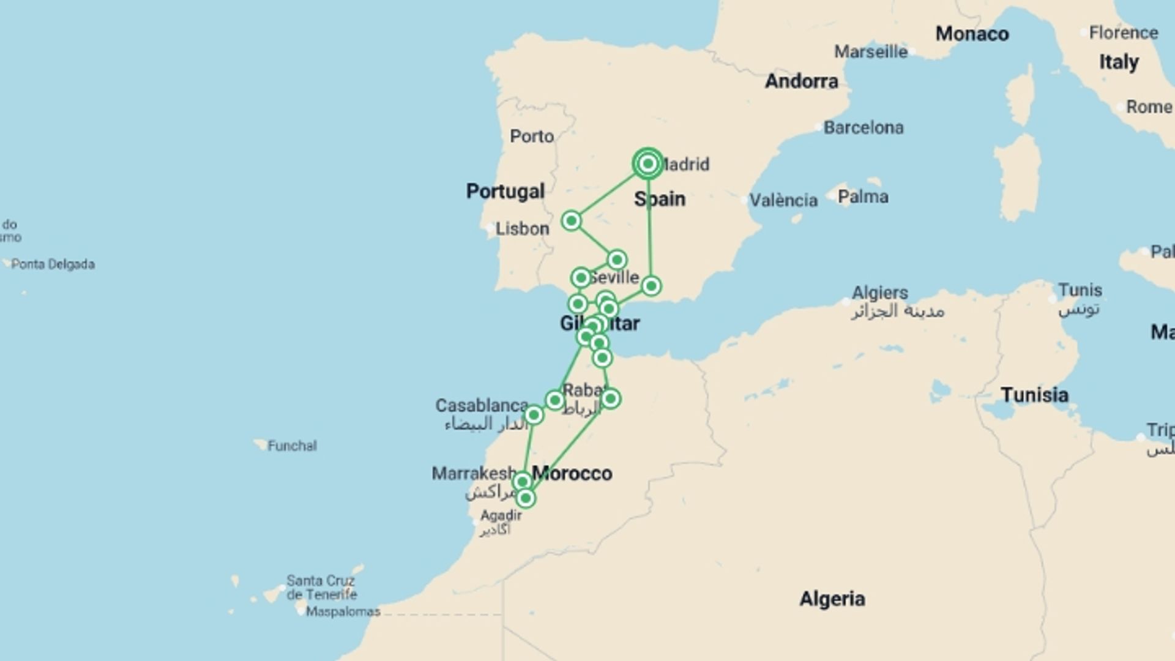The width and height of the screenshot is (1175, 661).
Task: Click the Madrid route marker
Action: [647, 164]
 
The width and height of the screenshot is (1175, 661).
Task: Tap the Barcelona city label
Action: [863, 128]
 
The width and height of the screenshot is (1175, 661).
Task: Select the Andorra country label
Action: [801, 81]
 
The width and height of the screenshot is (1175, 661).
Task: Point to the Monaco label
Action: [972, 34]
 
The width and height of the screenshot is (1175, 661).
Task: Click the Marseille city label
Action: [870, 52]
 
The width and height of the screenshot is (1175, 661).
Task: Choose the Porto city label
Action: [532, 136]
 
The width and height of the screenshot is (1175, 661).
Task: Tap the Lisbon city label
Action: [522, 229]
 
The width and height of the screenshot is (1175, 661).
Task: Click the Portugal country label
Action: [505, 192]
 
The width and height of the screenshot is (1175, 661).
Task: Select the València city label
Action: [783, 201]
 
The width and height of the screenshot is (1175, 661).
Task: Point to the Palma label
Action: [863, 197]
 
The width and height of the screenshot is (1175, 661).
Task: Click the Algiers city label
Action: [880, 293]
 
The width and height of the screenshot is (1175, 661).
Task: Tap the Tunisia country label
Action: [1034, 395]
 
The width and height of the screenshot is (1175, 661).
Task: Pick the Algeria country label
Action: [832, 599]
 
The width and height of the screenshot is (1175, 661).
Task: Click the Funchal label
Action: [292, 446]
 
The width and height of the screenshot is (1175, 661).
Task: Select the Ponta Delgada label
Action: [53, 264]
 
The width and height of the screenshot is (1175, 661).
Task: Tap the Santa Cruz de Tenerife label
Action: [321, 588]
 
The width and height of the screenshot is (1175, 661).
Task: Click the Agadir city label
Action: [501, 516]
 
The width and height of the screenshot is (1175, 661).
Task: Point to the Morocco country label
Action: [572, 474]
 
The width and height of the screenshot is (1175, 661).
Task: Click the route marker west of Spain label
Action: [571, 220]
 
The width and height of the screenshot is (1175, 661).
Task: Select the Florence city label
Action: [1123, 33]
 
